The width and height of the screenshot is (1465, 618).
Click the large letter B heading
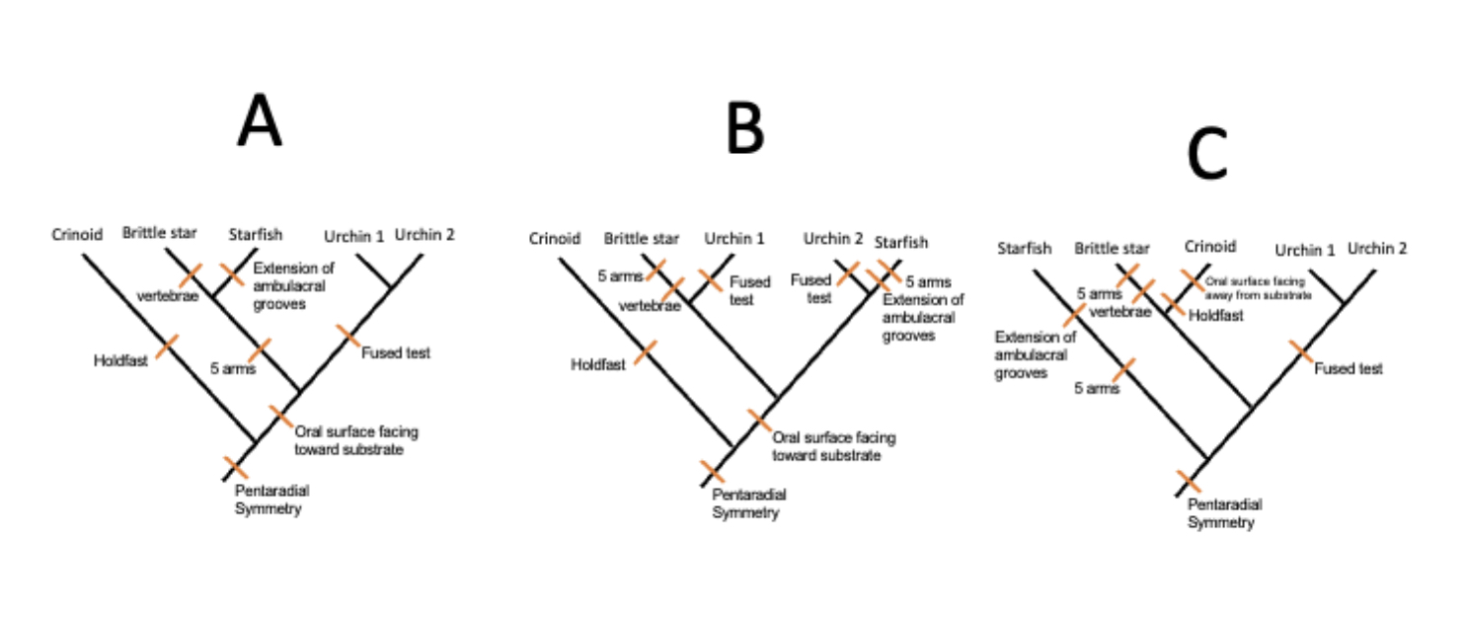coord(745,129)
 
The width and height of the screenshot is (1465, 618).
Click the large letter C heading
coord(1207,155)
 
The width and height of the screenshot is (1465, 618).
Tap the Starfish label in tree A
coord(255,234)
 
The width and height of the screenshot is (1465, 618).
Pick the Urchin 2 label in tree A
coord(424,234)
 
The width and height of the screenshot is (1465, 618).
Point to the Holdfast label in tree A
coord(120,360)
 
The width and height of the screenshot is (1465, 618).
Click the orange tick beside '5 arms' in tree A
coord(259,350)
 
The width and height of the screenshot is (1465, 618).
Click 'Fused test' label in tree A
coord(395,352)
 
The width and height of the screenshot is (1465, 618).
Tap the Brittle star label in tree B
coord(641,239)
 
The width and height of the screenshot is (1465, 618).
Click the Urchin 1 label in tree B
coord(734,239)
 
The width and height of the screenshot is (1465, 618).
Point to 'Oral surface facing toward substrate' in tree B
coord(833,446)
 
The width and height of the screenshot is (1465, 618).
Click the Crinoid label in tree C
coord(1210,247)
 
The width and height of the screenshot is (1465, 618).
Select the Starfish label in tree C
coord(1025,249)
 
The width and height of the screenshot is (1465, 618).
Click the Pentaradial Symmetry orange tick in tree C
coord(1189,483)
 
